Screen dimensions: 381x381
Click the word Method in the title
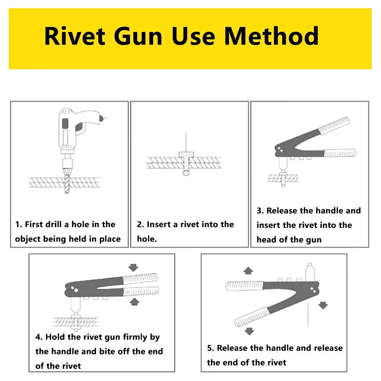click(x=271, y=37)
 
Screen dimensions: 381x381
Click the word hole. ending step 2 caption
click(x=147, y=239)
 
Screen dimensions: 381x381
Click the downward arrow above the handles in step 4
click(x=133, y=267)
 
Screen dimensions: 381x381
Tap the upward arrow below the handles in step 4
click(x=133, y=302)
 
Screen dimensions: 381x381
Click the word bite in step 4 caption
click(x=110, y=351)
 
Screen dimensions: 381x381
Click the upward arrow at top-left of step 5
click(x=248, y=271)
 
